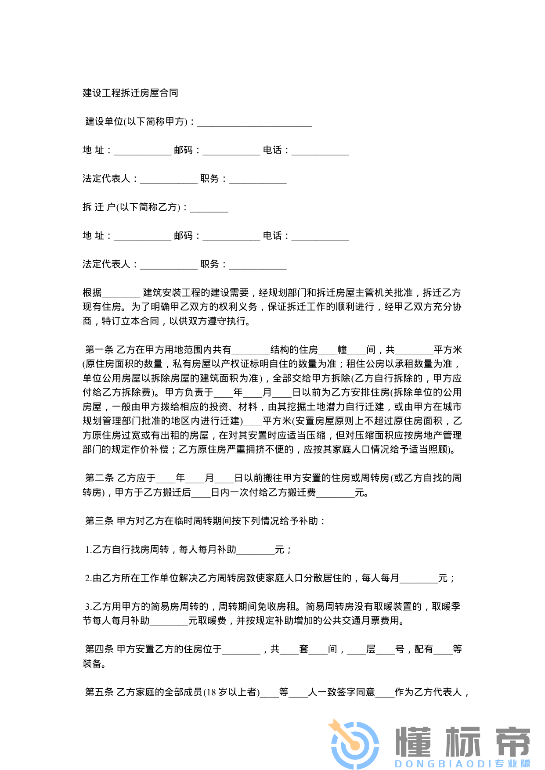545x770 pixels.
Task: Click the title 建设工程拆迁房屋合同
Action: click(x=130, y=93)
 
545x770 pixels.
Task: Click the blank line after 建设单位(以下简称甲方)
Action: click(x=255, y=122)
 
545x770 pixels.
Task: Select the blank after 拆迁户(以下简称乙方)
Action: click(x=209, y=208)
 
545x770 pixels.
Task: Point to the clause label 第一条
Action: click(x=99, y=350)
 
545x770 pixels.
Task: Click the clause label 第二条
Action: click(x=99, y=478)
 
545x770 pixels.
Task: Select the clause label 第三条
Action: click(x=99, y=521)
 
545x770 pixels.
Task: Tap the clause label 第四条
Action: click(x=99, y=649)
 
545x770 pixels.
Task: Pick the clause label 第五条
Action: click(x=99, y=692)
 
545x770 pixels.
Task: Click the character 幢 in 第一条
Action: click(x=342, y=350)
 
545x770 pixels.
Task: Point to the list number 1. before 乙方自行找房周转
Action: click(x=88, y=550)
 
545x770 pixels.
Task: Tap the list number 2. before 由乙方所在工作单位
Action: click(x=88, y=578)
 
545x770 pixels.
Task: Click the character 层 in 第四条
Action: click(x=371, y=649)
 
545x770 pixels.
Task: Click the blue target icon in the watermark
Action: click(x=354, y=744)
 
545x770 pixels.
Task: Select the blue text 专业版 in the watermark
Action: click(x=513, y=763)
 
